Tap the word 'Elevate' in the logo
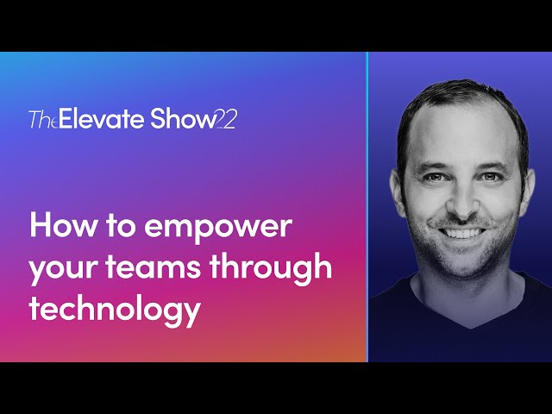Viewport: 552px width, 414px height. click(93, 119)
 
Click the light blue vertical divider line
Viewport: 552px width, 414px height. click(368, 207)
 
